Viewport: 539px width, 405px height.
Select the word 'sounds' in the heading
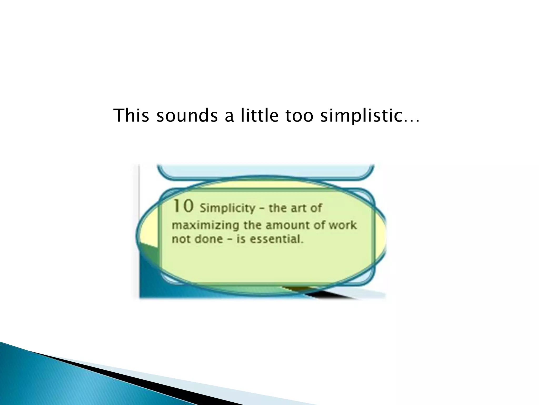point(187,115)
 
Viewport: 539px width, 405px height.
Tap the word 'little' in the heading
point(259,115)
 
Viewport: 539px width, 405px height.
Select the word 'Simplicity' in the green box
point(227,208)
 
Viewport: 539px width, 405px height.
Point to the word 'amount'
point(287,226)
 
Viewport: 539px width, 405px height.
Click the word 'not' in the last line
point(181,239)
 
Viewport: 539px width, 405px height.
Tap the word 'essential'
point(276,239)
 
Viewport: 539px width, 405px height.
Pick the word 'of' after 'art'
point(316,208)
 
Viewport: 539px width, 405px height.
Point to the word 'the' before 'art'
point(278,208)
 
